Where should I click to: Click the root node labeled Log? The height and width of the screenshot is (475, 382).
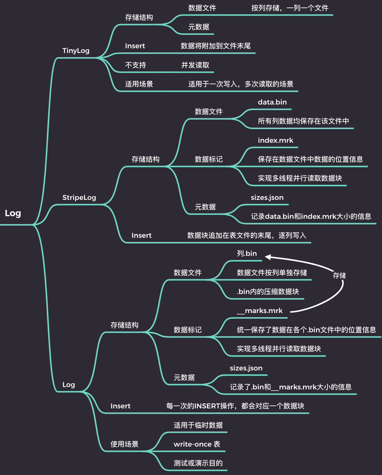[13, 214]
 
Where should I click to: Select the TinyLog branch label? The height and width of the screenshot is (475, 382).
[76, 51]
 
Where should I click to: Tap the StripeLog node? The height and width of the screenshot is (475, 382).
[79, 198]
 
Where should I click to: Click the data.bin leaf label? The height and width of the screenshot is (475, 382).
[272, 102]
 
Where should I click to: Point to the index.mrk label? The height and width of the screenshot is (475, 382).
[275, 140]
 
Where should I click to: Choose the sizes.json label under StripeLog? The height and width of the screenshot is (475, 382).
[267, 198]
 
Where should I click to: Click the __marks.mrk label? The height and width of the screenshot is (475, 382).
[260, 311]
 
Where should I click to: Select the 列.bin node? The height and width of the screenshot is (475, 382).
[247, 253]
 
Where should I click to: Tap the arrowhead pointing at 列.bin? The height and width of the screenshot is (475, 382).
[267, 257]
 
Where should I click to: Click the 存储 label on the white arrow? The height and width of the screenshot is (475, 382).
[339, 276]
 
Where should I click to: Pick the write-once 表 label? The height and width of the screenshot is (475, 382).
[197, 444]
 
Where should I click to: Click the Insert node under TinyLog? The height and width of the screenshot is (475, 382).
[135, 46]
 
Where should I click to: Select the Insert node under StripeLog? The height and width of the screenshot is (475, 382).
[142, 235]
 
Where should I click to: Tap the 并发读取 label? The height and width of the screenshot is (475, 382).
[195, 65]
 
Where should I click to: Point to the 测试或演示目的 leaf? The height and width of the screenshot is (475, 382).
[198, 463]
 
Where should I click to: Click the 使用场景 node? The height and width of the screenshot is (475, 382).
[124, 444]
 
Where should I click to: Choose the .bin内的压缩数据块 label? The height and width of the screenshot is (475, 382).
[268, 292]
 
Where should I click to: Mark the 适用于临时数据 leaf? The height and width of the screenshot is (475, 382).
[198, 425]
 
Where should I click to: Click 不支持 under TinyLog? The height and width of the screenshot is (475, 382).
[135, 65]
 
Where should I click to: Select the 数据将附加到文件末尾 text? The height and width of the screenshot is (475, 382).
[216, 46]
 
